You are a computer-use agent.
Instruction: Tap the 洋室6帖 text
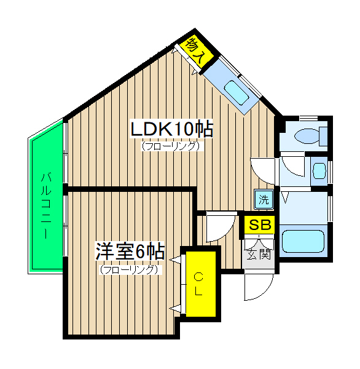pos(130,252)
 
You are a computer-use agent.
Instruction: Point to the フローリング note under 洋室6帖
pos(130,269)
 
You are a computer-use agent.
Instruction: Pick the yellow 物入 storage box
pos(196,50)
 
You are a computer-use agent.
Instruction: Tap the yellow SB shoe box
pos(259,225)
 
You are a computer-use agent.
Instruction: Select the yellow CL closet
pos(200,284)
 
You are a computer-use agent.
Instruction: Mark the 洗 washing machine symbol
pos(262,199)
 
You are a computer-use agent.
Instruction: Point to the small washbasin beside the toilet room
pos(318,169)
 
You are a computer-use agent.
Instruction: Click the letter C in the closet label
pos(199,276)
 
